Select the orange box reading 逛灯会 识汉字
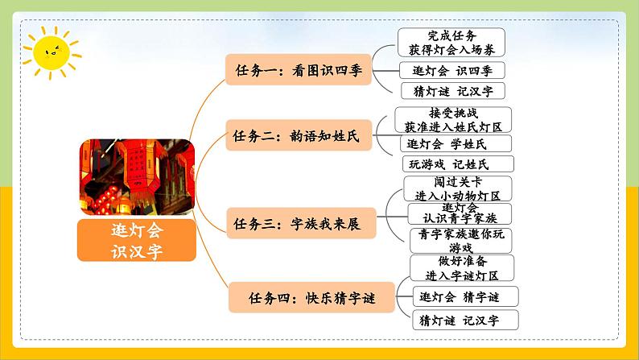(x=136, y=240)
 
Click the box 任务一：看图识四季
(x=294, y=70)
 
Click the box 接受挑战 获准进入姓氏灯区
(x=453, y=121)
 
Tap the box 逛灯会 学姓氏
(x=447, y=144)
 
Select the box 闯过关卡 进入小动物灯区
(x=458, y=188)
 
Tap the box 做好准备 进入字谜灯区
(x=460, y=267)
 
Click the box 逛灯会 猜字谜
(x=464, y=296)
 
